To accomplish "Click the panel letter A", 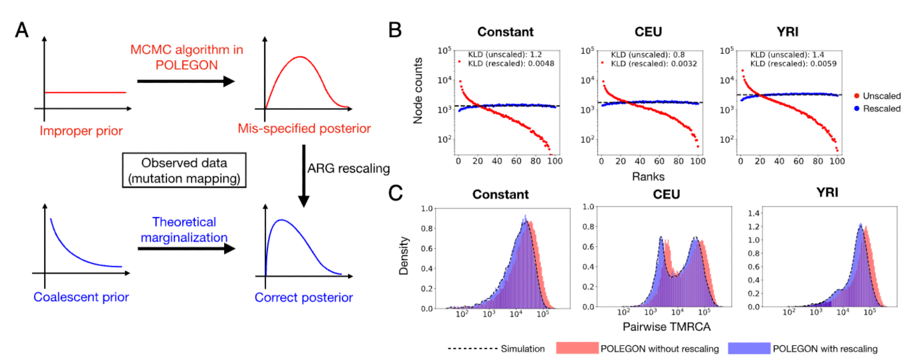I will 22,30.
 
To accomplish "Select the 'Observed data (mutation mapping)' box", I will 184,171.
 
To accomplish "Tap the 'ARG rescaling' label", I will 349,169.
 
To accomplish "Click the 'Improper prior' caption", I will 81,131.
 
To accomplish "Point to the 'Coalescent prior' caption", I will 81,297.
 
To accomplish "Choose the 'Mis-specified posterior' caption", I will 304,129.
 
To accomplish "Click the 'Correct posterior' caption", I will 304,298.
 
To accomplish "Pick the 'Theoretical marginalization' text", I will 184,230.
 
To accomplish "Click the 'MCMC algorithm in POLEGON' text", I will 186,57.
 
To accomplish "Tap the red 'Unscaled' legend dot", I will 857,96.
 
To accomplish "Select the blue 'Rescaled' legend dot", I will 857,109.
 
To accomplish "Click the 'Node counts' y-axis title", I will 418,91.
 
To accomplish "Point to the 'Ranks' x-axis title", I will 648,177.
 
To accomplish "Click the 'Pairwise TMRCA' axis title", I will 666,327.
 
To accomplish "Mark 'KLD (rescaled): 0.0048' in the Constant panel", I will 511,64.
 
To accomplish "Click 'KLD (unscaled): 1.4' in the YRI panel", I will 787,55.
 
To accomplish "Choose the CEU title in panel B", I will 648,32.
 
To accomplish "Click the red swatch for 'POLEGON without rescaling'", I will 577,348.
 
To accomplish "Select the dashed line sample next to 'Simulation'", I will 472,349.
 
